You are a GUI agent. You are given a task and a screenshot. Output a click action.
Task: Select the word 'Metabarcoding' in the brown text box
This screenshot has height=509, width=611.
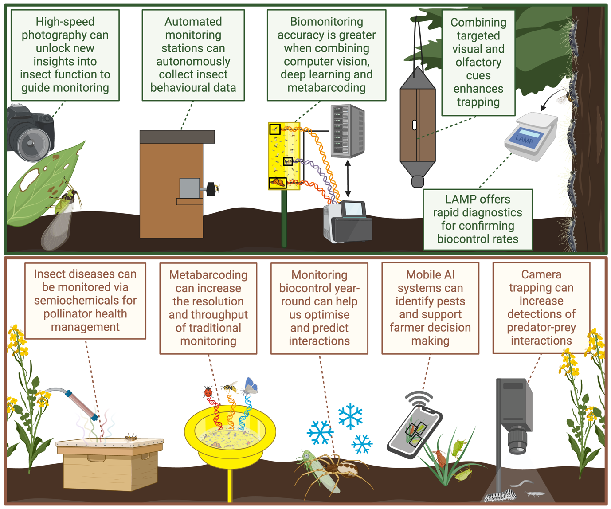coord(208,275)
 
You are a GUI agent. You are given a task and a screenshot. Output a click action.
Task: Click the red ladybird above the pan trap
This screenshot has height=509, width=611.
coord(208,392)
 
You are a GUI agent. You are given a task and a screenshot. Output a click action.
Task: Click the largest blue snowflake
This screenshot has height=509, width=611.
coord(350,416)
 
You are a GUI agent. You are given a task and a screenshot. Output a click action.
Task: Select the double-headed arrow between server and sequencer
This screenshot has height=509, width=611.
coord(348,178)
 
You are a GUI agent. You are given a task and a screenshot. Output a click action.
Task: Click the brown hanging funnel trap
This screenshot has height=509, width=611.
coord(417,124)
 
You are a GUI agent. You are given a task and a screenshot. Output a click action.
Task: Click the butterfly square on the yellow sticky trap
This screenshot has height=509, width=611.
coord(278,182)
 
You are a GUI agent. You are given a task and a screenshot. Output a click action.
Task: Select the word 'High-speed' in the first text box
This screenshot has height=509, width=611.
coord(65,22)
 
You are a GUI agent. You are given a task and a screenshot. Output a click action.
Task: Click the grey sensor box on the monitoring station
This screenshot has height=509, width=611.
coord(190,188)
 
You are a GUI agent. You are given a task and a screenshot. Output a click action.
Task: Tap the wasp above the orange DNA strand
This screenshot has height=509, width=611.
coord(230,388)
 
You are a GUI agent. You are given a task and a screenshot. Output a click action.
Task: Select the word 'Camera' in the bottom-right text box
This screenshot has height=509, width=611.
coord(541,275)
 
